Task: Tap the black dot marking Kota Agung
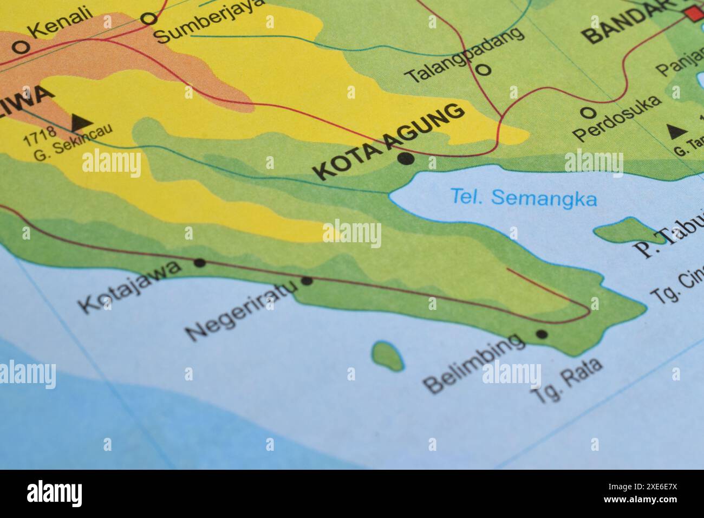[x=406, y=159]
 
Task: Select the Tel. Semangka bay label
[x=524, y=198]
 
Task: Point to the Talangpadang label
[x=465, y=55]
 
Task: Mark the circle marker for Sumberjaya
[x=148, y=20]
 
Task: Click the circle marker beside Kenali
[x=21, y=48]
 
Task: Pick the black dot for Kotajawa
[x=200, y=263]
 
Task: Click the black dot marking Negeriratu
[x=307, y=281]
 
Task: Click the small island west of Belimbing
[x=388, y=357]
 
